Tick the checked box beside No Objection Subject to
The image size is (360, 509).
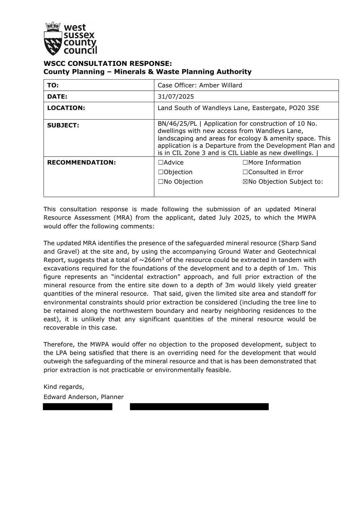pos(245,182)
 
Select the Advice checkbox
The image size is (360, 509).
pos(161,163)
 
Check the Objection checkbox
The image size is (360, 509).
pos(161,172)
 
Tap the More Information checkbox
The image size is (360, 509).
pos(245,163)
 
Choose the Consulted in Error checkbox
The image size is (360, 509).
pos(245,172)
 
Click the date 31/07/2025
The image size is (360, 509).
pos(176,96)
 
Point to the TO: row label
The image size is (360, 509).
pos(53,85)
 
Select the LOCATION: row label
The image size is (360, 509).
pos(66,108)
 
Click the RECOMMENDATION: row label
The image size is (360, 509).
pos(81,163)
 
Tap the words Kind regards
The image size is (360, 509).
pos(64,387)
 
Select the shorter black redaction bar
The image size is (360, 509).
pos(78,407)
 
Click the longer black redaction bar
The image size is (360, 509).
pos(199,407)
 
